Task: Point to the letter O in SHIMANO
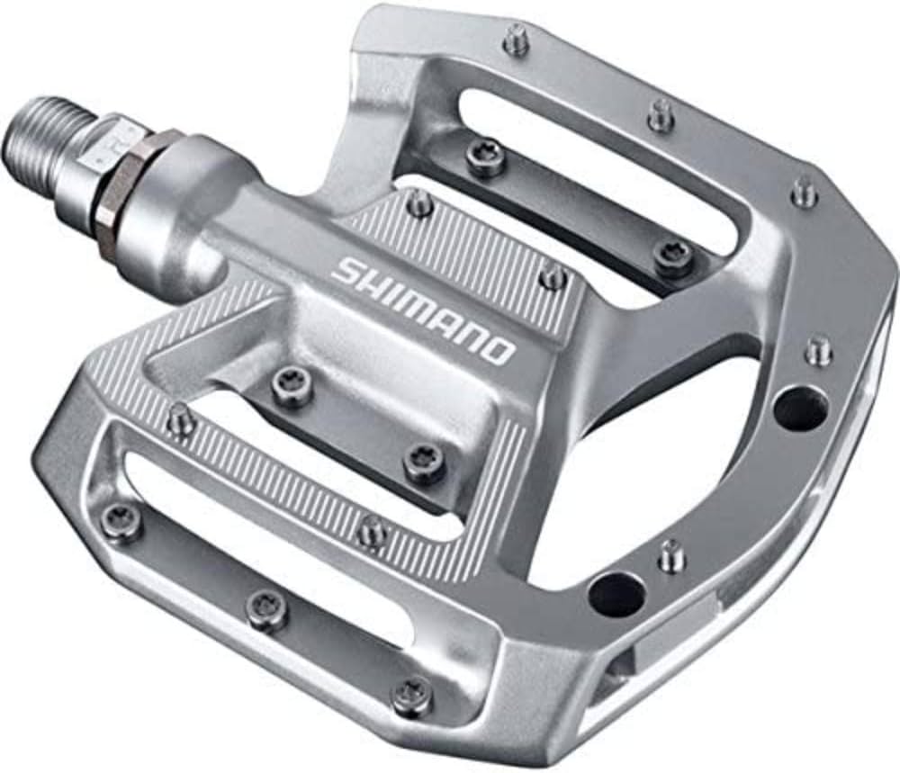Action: point(500,349)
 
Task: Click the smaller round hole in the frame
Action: point(616,593)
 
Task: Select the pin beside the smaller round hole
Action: point(670,554)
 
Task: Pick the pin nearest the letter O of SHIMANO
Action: point(554,276)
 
